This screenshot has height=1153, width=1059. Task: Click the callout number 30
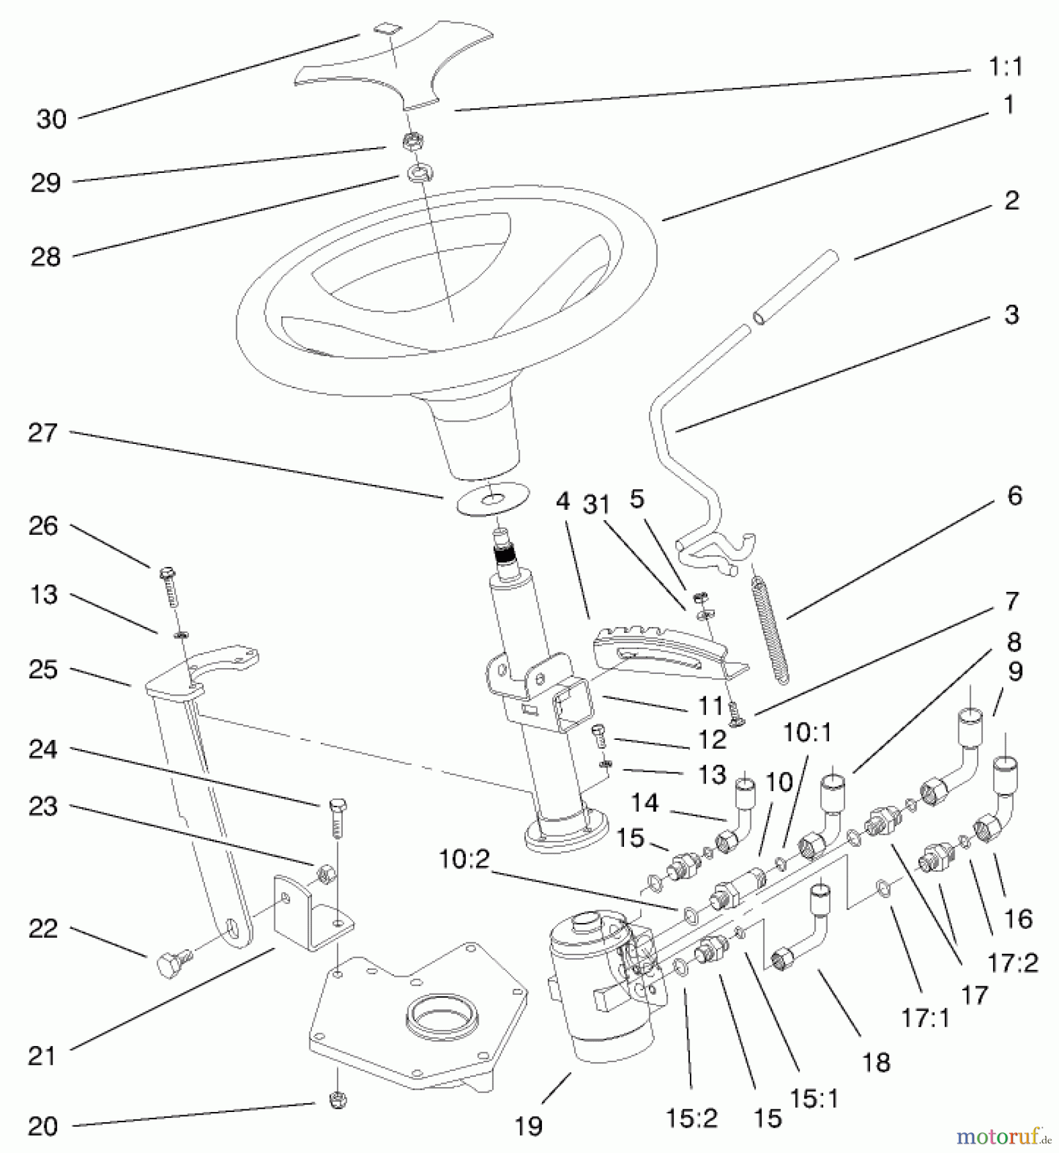point(51,119)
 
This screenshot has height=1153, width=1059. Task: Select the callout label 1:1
point(1005,67)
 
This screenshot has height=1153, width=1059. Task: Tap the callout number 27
point(43,433)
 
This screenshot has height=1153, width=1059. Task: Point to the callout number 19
point(529,1125)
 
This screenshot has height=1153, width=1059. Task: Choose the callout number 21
point(43,1056)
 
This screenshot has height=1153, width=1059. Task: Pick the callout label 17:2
point(1012,963)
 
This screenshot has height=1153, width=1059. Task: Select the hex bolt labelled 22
point(172,962)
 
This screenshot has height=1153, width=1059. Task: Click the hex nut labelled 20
point(338,1100)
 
